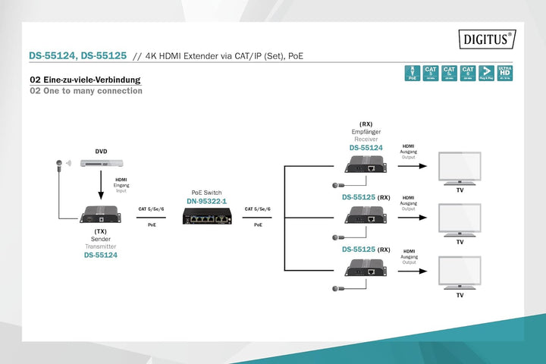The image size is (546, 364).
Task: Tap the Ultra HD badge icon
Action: tap(504, 72)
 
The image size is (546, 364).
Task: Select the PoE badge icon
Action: tap(413, 72)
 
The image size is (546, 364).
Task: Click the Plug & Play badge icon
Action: tap(486, 72)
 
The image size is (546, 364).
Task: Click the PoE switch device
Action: tap(207, 216)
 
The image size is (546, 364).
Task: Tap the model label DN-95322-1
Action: tap(207, 201)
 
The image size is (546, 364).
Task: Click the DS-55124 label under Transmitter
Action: tap(100, 255)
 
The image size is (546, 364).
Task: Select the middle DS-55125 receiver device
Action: tap(366, 215)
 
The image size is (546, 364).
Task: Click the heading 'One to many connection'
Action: tap(86, 91)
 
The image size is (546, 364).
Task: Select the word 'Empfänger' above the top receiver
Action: tap(366, 131)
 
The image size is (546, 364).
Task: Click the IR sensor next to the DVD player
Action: tap(59, 163)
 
